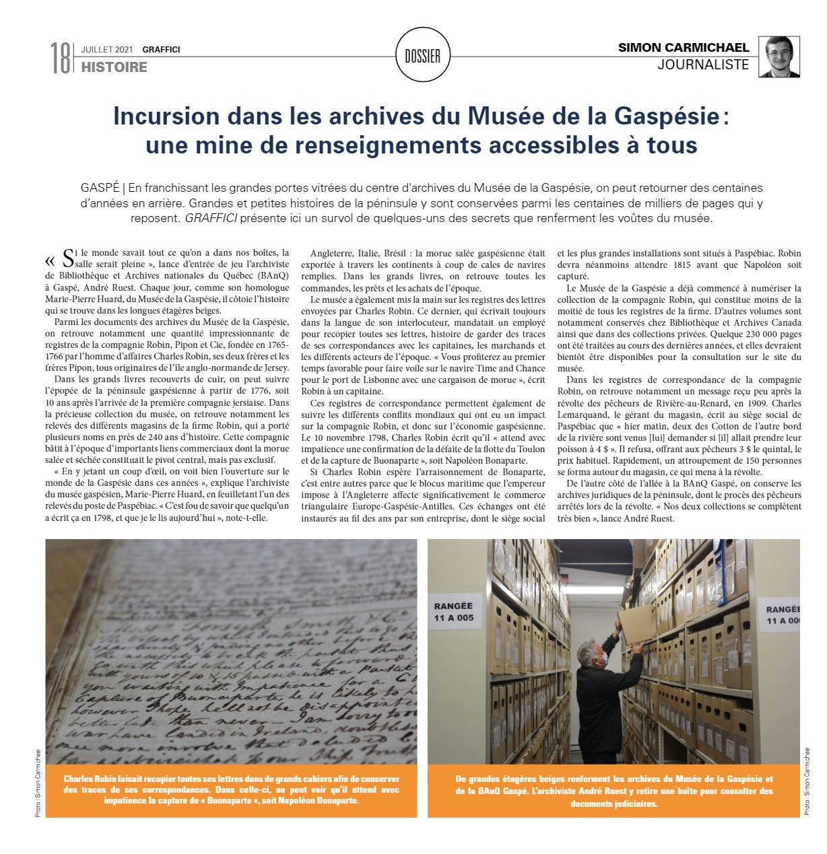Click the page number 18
(61, 58)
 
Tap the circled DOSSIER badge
(422, 57)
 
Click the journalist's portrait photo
(780, 57)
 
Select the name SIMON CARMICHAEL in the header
(684, 48)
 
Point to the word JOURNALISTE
(703, 65)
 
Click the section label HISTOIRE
(114, 67)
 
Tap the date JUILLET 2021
(106, 49)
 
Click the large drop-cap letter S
(67, 258)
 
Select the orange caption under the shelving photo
(614, 791)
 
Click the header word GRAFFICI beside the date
(161, 49)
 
